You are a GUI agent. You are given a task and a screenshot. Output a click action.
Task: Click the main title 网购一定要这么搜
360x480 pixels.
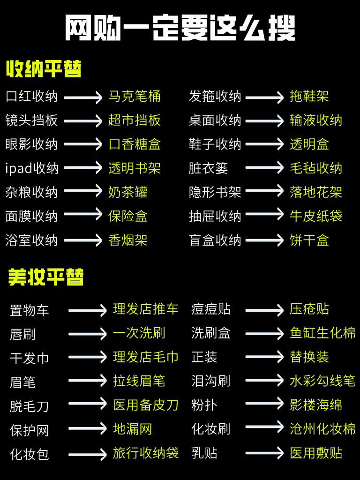tap(180, 29)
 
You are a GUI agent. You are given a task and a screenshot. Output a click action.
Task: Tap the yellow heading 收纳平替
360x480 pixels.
tap(44, 69)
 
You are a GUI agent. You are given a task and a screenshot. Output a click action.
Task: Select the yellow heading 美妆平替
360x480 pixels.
tap(46, 277)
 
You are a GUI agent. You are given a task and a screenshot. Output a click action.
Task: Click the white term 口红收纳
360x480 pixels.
tap(31, 97)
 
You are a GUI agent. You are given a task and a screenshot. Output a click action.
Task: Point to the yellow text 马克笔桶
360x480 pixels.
tap(135, 97)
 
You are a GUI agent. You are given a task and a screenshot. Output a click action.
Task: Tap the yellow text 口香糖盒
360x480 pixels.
tap(135, 144)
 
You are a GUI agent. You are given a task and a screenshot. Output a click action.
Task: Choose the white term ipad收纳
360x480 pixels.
tap(32, 168)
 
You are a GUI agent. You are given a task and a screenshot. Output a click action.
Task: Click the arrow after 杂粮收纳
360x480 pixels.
tap(83, 192)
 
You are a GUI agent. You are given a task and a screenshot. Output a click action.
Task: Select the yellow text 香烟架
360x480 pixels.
tap(128, 240)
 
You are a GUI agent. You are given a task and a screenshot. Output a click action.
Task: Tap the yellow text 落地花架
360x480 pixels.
tap(316, 192)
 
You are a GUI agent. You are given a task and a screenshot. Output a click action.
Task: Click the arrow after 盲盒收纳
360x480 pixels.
tap(264, 240)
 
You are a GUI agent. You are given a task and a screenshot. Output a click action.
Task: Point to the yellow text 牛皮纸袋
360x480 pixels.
tap(316, 216)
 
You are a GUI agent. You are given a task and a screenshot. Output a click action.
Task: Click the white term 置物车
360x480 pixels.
tap(30, 310)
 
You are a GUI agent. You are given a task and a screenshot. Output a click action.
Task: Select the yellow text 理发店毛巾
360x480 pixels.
tap(146, 357)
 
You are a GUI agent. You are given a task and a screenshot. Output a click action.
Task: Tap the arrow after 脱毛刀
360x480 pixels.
tap(88, 405)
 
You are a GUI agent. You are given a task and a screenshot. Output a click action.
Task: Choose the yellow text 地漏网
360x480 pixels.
tap(133, 429)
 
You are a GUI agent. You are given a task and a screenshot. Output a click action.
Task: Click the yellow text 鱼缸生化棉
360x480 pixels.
tap(322, 333)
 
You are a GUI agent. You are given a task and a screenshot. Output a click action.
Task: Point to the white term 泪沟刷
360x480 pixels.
tap(210, 381)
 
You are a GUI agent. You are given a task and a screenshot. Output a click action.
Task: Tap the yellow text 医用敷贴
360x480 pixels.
tap(316, 453)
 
